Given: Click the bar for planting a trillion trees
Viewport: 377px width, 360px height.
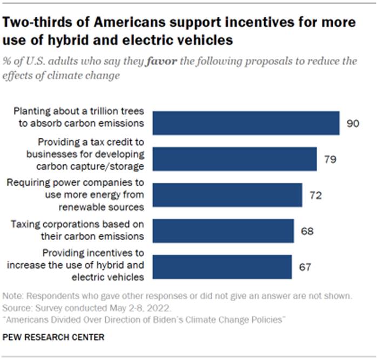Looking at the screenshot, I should point(246,123).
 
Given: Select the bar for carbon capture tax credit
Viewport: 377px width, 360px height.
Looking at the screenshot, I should point(234,159).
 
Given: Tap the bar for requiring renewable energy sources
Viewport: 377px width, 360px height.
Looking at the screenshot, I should point(227,195).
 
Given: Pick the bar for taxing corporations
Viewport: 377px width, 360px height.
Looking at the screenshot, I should point(223,231).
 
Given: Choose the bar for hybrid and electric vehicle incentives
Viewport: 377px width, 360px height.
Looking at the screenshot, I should point(223,267).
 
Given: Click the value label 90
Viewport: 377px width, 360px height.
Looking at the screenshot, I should point(353,123).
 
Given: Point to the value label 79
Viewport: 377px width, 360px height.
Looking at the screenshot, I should point(330,159).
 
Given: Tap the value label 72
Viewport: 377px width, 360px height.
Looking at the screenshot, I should point(315,196).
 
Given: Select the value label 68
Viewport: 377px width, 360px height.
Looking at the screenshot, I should point(307,231).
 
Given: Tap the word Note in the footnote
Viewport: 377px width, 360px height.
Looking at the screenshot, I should point(12,296).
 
